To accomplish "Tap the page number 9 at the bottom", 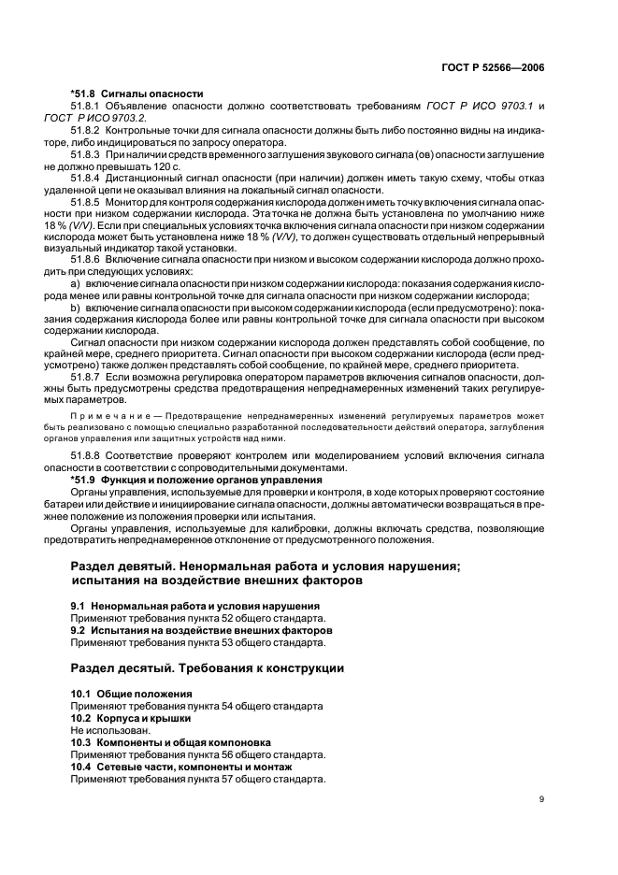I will [541, 798].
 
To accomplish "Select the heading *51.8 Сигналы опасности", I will [137, 93].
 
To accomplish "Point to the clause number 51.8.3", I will [86, 153].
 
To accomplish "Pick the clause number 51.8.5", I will [86, 201].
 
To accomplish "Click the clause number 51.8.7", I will [86, 377].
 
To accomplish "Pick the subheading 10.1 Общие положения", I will [132, 695].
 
